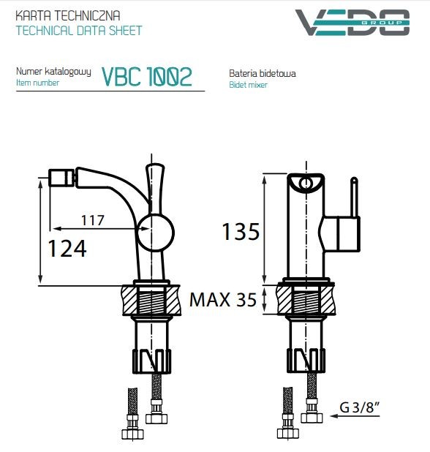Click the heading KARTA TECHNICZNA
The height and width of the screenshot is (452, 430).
point(68,15)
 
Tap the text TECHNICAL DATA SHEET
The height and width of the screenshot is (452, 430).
point(79,31)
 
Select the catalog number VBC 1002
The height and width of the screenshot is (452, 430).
point(147,76)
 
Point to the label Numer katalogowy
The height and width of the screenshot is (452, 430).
point(53,72)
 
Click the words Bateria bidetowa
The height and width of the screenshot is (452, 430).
point(262,74)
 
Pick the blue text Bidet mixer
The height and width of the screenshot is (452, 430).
point(248,85)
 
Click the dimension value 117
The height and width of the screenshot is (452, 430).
point(92,219)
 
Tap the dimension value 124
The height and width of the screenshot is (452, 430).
point(67,248)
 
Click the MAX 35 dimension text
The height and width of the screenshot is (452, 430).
point(223,299)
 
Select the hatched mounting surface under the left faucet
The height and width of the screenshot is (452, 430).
point(132,299)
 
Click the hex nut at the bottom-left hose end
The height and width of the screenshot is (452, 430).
point(132,432)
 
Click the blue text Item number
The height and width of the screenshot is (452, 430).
point(37,83)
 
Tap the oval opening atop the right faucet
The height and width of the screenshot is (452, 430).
point(307,184)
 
